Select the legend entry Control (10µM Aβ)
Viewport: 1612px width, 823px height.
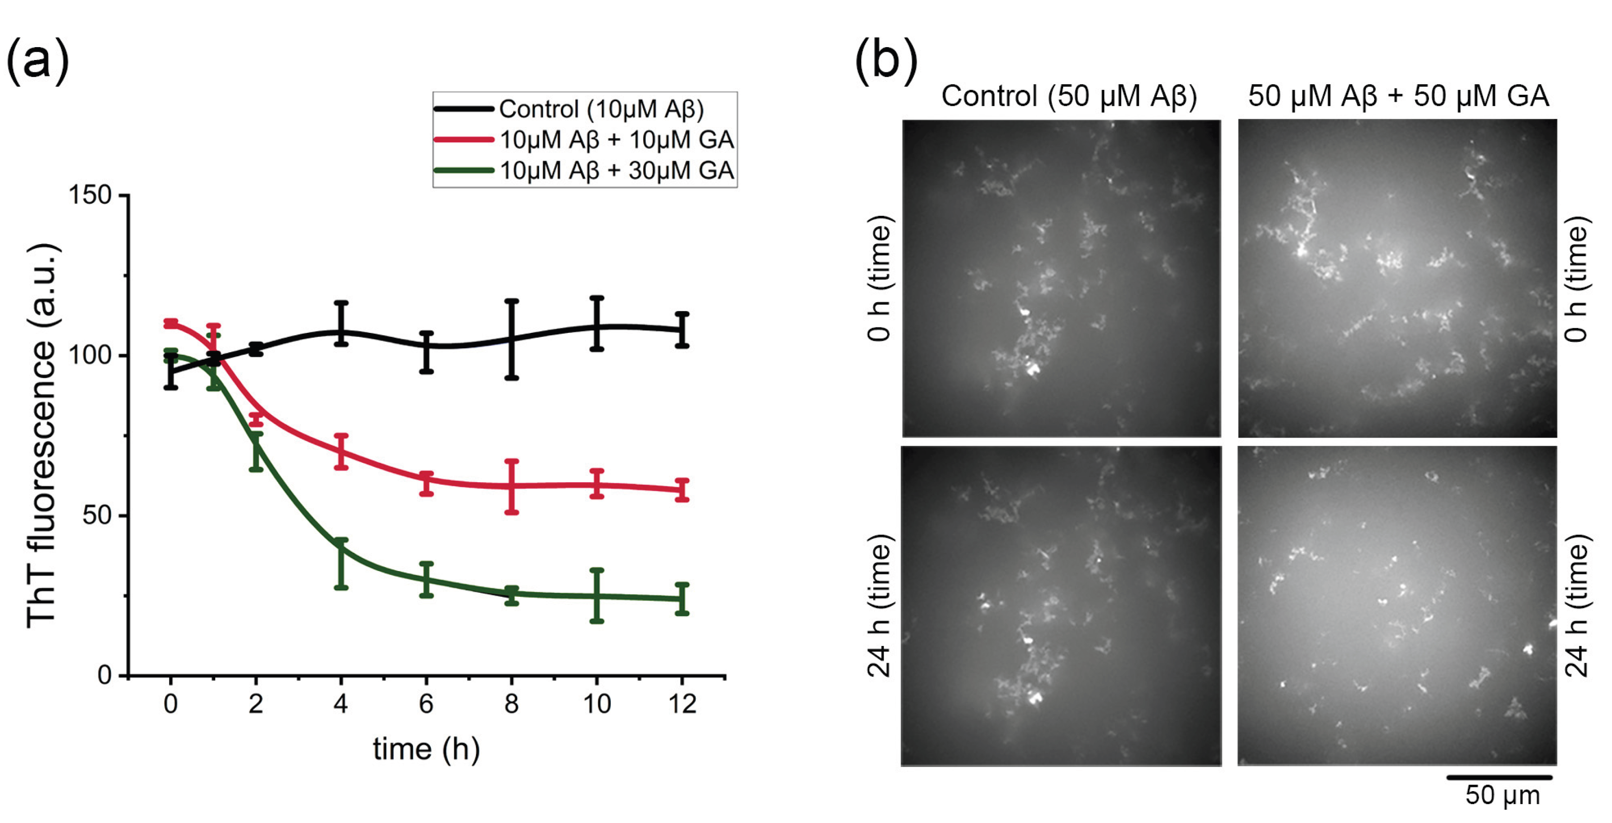pos(601,110)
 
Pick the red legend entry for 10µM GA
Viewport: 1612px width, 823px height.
pos(616,139)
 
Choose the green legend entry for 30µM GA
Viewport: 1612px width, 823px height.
pos(616,170)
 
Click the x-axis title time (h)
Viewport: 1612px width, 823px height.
pos(426,749)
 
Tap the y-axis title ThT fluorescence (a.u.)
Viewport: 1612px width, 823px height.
pos(43,435)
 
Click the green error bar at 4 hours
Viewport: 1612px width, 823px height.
pos(341,563)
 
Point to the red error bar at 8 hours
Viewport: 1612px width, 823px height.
pos(511,487)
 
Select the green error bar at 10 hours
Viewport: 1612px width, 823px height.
pos(597,595)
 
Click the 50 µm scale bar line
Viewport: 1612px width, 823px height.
pos(1499,777)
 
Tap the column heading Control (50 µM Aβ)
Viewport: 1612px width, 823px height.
pos(1069,96)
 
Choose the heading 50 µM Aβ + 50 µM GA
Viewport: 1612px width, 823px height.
pos(1398,96)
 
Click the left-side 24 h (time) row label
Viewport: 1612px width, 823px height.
pos(879,606)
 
